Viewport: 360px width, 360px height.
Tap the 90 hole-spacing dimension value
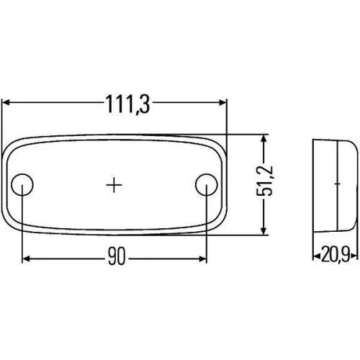click(115, 256)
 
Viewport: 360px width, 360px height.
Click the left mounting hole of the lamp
click(23, 185)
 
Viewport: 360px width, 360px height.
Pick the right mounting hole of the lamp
click(207, 185)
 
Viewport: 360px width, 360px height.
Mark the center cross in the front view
click(114, 185)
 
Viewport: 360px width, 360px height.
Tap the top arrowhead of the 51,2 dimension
click(264, 138)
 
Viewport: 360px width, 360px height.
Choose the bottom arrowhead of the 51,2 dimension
click(264, 230)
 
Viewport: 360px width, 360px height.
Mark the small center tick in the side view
click(336, 184)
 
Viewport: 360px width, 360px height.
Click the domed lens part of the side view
click(346, 184)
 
